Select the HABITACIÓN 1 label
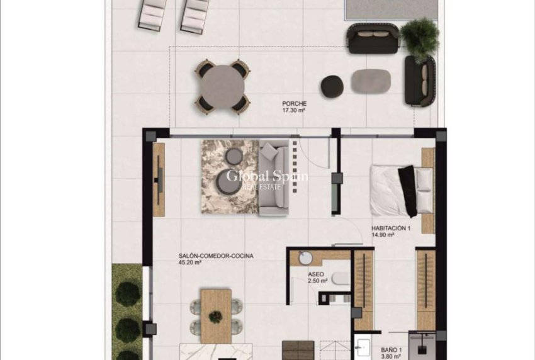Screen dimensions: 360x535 pyautogui.click(x=391, y=228)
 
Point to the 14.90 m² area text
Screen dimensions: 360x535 pyautogui.click(x=383, y=235)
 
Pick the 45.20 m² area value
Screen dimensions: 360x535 pyautogui.click(x=189, y=262)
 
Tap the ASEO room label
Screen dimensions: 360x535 pyautogui.click(x=316, y=275)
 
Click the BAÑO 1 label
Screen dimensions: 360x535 pyautogui.click(x=391, y=347)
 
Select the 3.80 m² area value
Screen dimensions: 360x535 pyautogui.click(x=390, y=354)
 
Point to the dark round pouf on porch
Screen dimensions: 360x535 pyautogui.click(x=332, y=86)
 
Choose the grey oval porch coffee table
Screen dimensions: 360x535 pyautogui.click(x=371, y=81)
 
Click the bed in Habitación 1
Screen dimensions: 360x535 pyautogui.click(x=402, y=189)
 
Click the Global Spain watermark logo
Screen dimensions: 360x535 pyautogui.click(x=267, y=177)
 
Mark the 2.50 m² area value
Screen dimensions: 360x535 pyautogui.click(x=318, y=281)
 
